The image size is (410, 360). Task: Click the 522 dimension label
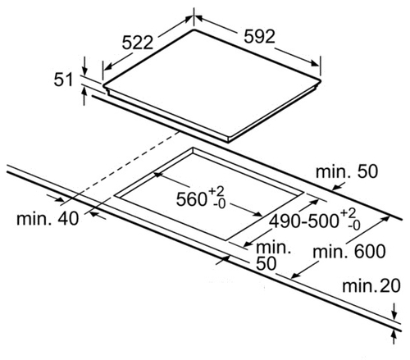[x=137, y=43]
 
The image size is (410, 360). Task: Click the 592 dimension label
[x=259, y=37]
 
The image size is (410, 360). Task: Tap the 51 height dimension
[x=63, y=80]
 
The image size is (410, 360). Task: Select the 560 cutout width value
[x=191, y=198]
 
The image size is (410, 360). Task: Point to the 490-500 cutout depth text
[x=303, y=221]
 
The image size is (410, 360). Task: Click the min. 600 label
[x=349, y=252]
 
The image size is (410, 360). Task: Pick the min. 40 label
[x=48, y=219]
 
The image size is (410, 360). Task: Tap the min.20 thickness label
[x=371, y=286]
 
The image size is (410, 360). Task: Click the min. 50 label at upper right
[x=347, y=171]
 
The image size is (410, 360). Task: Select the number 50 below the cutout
[x=266, y=264]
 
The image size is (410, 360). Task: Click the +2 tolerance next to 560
[x=216, y=190]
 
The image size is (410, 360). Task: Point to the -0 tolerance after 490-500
[x=354, y=226]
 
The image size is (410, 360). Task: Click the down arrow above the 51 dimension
[x=84, y=66]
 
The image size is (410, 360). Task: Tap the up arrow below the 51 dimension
[x=84, y=96]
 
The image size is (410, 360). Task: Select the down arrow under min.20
[x=394, y=311]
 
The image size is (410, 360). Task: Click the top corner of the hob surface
[x=194, y=29]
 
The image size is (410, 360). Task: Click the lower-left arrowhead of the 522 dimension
[x=109, y=66]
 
